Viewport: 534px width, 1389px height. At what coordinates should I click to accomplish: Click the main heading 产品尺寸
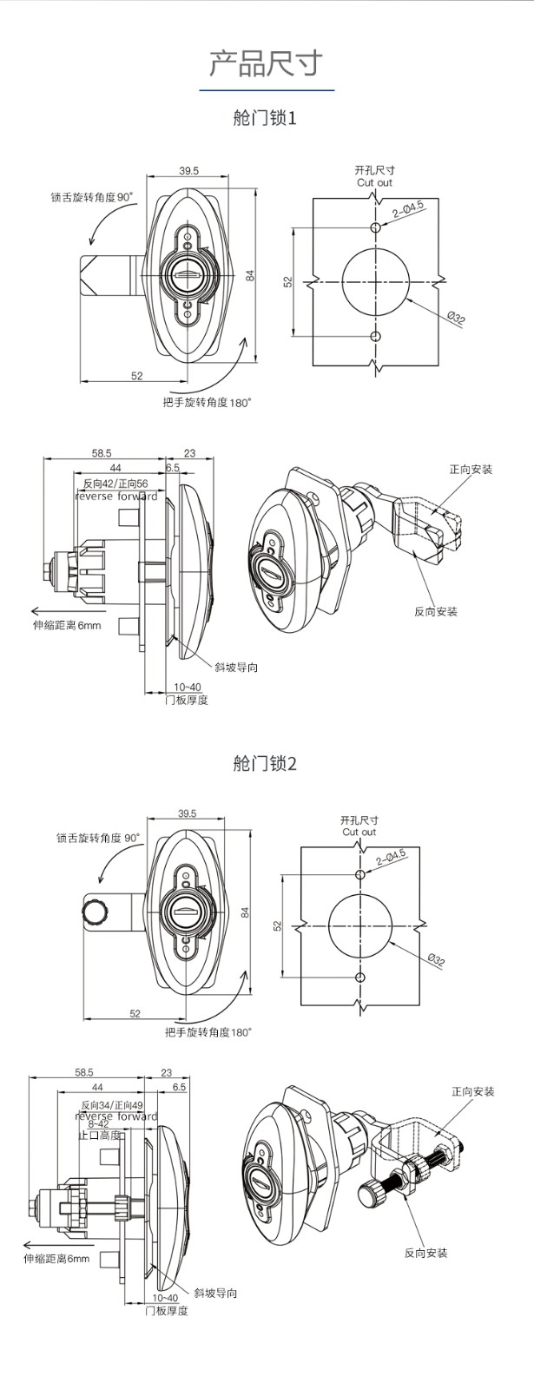pyautogui.click(x=266, y=63)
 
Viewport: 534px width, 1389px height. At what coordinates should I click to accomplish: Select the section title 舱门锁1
pyautogui.click(x=265, y=117)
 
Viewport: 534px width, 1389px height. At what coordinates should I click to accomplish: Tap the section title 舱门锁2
pyautogui.click(x=265, y=764)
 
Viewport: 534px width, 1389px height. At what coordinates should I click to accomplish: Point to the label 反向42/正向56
pyautogui.click(x=115, y=484)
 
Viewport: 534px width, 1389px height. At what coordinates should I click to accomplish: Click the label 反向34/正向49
pyautogui.click(x=113, y=1105)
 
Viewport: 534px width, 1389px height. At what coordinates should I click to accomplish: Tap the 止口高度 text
pyautogui.click(x=99, y=1136)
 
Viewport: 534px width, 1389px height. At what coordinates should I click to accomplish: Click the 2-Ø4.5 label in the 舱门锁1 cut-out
pyautogui.click(x=408, y=208)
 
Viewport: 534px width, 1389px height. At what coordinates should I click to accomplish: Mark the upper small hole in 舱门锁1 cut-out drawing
pyautogui.click(x=375, y=228)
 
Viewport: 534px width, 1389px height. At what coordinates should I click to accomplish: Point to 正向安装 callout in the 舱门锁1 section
pyautogui.click(x=471, y=470)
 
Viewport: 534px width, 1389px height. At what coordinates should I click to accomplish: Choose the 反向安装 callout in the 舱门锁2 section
pyautogui.click(x=425, y=1253)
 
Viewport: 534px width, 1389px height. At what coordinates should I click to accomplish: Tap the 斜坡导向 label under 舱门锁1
pyautogui.click(x=236, y=667)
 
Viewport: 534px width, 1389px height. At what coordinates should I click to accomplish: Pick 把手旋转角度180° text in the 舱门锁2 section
pyautogui.click(x=208, y=1032)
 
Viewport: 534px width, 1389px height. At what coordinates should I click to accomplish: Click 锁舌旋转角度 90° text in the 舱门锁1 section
pyautogui.click(x=92, y=197)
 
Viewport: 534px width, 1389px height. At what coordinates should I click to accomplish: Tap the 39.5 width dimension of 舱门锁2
pyautogui.click(x=187, y=813)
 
